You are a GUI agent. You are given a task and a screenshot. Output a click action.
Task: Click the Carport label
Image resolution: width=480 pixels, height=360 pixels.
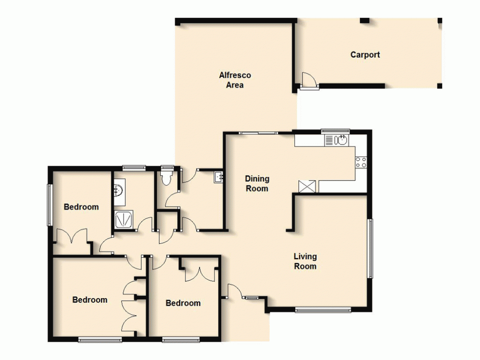pyautogui.click(x=365, y=55)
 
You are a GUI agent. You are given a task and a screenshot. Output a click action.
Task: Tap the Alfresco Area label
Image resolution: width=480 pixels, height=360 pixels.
pyautogui.click(x=235, y=80)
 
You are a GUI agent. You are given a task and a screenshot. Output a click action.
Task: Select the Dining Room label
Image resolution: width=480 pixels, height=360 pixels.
pyautogui.click(x=257, y=183)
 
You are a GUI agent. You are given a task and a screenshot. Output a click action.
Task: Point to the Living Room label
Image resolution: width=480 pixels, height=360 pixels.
pyautogui.click(x=305, y=262)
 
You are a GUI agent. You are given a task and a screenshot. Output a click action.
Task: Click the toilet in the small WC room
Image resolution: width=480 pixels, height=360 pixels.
pyautogui.click(x=167, y=179)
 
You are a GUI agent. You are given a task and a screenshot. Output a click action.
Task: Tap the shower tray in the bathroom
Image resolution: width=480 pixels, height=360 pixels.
pyautogui.click(x=124, y=219)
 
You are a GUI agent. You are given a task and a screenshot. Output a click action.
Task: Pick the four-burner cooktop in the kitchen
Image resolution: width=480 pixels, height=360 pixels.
pyautogui.click(x=361, y=162)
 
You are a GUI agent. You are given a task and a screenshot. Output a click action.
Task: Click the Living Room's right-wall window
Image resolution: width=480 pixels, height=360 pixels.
pyautogui.click(x=370, y=248)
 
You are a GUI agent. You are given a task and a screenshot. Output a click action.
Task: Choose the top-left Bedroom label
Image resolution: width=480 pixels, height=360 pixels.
pyautogui.click(x=81, y=207)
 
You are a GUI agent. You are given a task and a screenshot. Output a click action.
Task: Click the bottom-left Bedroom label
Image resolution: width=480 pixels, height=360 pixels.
pyautogui.click(x=90, y=300)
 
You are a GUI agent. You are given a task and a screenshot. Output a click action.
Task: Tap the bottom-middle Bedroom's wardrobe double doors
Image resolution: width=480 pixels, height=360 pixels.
pyautogui.click(x=199, y=273)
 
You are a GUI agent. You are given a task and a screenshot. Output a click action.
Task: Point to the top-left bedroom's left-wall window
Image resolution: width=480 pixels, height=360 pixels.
pyautogui.click(x=48, y=204)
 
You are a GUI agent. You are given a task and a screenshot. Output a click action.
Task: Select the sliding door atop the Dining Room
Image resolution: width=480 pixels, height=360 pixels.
pyautogui.click(x=259, y=132)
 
